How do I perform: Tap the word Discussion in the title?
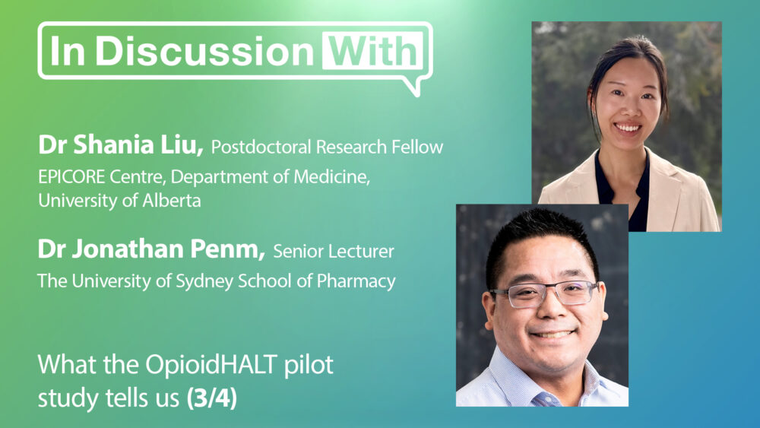(x=205, y=50)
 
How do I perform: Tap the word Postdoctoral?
(x=261, y=147)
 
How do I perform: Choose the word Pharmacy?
(x=356, y=281)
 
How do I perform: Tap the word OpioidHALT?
(x=212, y=364)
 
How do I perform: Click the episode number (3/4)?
(x=212, y=398)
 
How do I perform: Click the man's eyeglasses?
(x=544, y=293)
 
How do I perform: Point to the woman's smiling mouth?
(x=627, y=128)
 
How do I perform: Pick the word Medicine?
(x=332, y=177)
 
